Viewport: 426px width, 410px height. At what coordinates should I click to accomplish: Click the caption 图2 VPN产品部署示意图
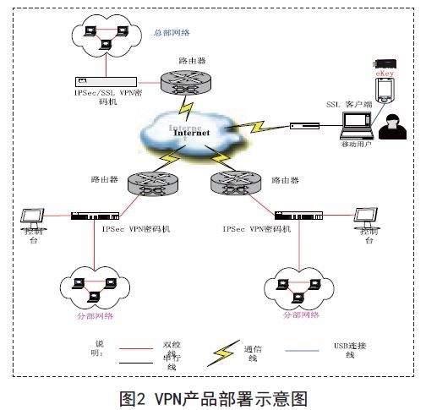click(x=211, y=395)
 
